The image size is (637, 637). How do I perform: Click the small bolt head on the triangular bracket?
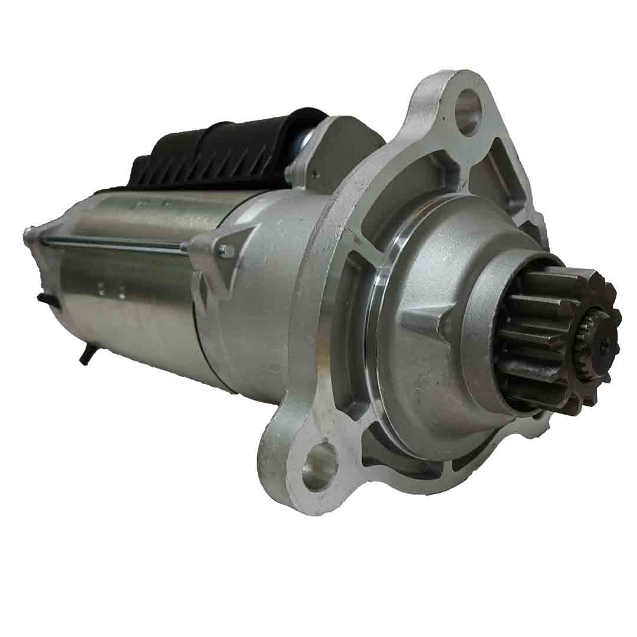(225, 252)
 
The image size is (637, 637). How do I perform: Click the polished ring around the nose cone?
(377, 330)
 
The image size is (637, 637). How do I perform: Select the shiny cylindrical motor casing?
(136, 295)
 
